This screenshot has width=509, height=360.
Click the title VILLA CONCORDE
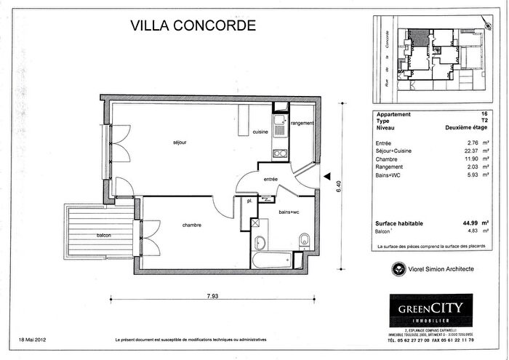click(193, 25)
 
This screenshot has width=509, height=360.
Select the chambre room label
click(192, 225)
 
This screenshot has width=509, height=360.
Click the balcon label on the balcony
click(105, 236)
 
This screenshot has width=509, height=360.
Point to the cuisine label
click(260, 132)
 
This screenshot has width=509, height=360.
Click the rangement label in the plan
click(302, 124)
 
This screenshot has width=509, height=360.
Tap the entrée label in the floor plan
click(271, 178)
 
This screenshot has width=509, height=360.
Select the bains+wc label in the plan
click(289, 212)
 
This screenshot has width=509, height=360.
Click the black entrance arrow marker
click(328, 175)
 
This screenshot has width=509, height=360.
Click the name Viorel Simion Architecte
click(441, 269)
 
